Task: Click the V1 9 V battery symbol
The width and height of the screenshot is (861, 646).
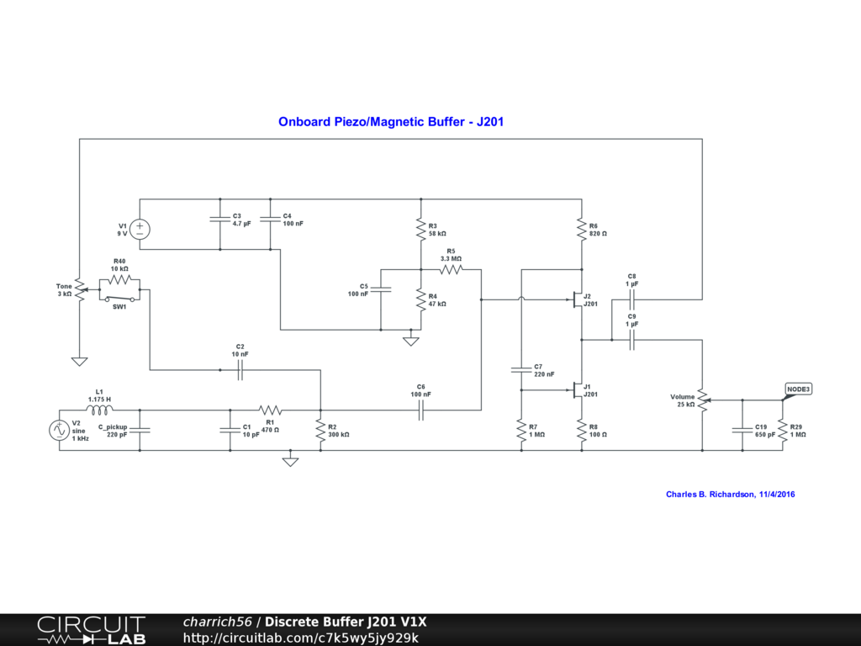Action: click(140, 229)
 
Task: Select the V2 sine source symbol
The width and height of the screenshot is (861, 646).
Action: click(60, 430)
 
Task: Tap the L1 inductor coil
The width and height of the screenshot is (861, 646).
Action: click(99, 410)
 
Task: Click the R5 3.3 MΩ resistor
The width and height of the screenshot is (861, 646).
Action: click(451, 269)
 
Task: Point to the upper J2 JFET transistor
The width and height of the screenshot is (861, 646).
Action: click(577, 299)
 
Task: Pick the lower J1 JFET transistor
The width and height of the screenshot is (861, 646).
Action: click(577, 390)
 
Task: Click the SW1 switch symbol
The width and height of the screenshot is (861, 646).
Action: click(119, 299)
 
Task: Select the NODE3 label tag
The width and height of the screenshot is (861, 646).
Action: click(798, 389)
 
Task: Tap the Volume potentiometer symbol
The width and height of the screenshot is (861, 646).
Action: click(704, 400)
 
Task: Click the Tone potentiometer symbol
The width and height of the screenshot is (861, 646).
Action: click(80, 289)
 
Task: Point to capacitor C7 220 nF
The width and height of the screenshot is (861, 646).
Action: click(521, 370)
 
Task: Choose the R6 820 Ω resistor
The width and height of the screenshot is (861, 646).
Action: click(582, 229)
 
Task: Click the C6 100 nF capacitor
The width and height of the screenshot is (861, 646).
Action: click(421, 410)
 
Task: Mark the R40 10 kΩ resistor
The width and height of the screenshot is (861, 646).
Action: click(119, 279)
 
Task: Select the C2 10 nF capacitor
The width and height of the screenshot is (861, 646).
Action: click(240, 370)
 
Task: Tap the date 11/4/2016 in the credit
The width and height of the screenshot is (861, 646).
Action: click(777, 495)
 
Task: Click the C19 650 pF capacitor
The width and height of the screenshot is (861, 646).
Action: click(742, 430)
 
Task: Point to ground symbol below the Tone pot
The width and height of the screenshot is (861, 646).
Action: click(80, 361)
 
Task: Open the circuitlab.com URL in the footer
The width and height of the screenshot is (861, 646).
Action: click(301, 638)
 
